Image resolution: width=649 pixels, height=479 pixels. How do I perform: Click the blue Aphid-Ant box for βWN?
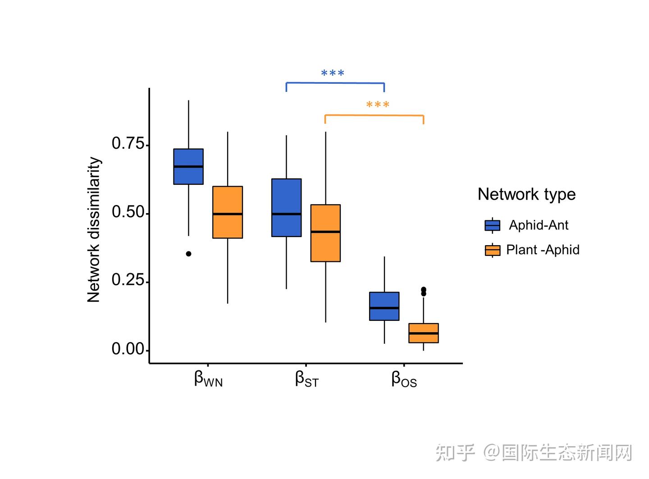pyautogui.click(x=188, y=166)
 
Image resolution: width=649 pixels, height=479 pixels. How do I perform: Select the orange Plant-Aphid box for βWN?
pyautogui.click(x=228, y=212)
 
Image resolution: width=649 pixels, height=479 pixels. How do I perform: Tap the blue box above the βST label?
pyautogui.click(x=286, y=207)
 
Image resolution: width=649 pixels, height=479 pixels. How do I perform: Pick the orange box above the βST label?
pyautogui.click(x=325, y=233)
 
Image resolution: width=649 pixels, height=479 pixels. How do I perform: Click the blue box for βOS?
pyautogui.click(x=384, y=306)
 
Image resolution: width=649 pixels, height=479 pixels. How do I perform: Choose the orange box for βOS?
pyautogui.click(x=423, y=333)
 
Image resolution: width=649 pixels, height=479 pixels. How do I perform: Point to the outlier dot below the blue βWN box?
pyautogui.click(x=188, y=254)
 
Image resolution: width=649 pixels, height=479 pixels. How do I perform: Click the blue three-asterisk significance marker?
pyautogui.click(x=333, y=73)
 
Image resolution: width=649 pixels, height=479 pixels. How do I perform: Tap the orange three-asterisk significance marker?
pyautogui.click(x=378, y=105)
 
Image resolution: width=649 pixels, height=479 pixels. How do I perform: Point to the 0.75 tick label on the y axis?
pyautogui.click(x=128, y=144)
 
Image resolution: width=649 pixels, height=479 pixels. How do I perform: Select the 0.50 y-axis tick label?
pyautogui.click(x=128, y=212)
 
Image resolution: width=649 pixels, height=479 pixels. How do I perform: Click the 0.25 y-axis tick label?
pyautogui.click(x=128, y=280)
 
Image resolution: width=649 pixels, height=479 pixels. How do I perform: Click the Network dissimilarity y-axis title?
pyautogui.click(x=94, y=230)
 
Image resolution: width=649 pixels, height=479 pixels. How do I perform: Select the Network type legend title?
pyautogui.click(x=526, y=194)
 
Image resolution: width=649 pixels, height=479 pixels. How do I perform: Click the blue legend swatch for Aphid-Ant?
pyautogui.click(x=492, y=225)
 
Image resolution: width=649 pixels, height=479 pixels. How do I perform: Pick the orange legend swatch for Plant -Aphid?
pyautogui.click(x=492, y=250)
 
